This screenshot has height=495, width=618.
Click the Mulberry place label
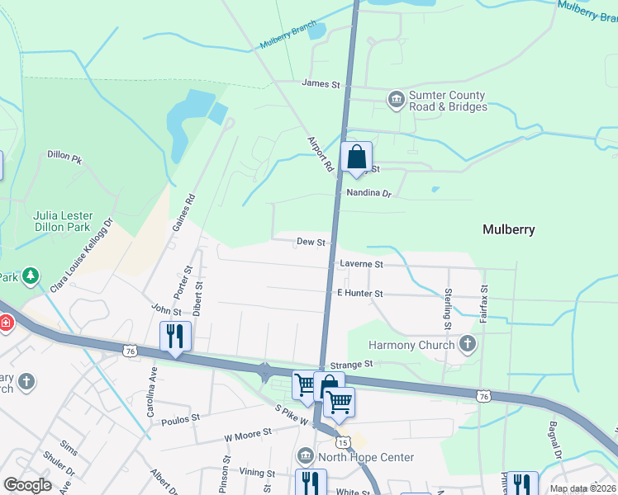pos(508,230)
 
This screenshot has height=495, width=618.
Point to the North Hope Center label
pos(368,457)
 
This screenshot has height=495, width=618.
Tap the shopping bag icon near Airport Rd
pos(357,156)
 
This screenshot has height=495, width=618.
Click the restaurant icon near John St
pos(175,336)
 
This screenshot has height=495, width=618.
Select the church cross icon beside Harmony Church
pos(468,344)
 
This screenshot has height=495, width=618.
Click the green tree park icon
pos(31,276)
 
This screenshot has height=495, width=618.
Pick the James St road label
pos(321,83)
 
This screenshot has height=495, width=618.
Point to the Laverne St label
pos(361,265)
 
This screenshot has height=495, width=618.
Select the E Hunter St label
pos(360,293)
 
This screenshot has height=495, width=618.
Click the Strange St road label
pos(352,364)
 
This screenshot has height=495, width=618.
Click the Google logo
pos(27,485)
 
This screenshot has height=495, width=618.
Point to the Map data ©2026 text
pos(583,488)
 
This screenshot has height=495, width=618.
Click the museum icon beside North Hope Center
pos(306,457)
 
